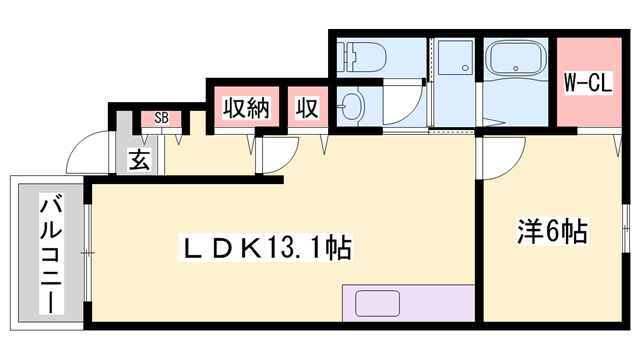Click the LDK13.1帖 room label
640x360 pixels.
point(265,246)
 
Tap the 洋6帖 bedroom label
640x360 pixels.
point(551,232)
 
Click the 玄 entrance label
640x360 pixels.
point(139,159)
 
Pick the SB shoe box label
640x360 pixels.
point(161,119)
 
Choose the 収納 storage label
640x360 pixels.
point(246,107)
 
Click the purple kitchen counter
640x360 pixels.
point(408,303)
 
